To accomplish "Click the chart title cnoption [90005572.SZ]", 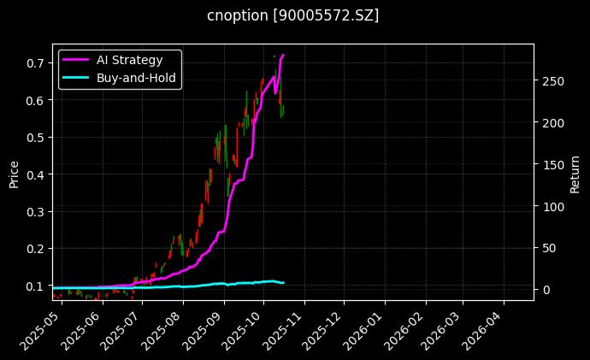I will [293, 15].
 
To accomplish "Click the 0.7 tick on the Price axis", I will [36, 63].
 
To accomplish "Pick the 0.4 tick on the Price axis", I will [36, 174].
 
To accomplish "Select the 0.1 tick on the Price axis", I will [36, 286].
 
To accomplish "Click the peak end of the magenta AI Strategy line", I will [283, 55].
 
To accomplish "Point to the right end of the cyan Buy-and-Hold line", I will [283, 283].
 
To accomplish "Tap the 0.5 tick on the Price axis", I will [36, 138].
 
